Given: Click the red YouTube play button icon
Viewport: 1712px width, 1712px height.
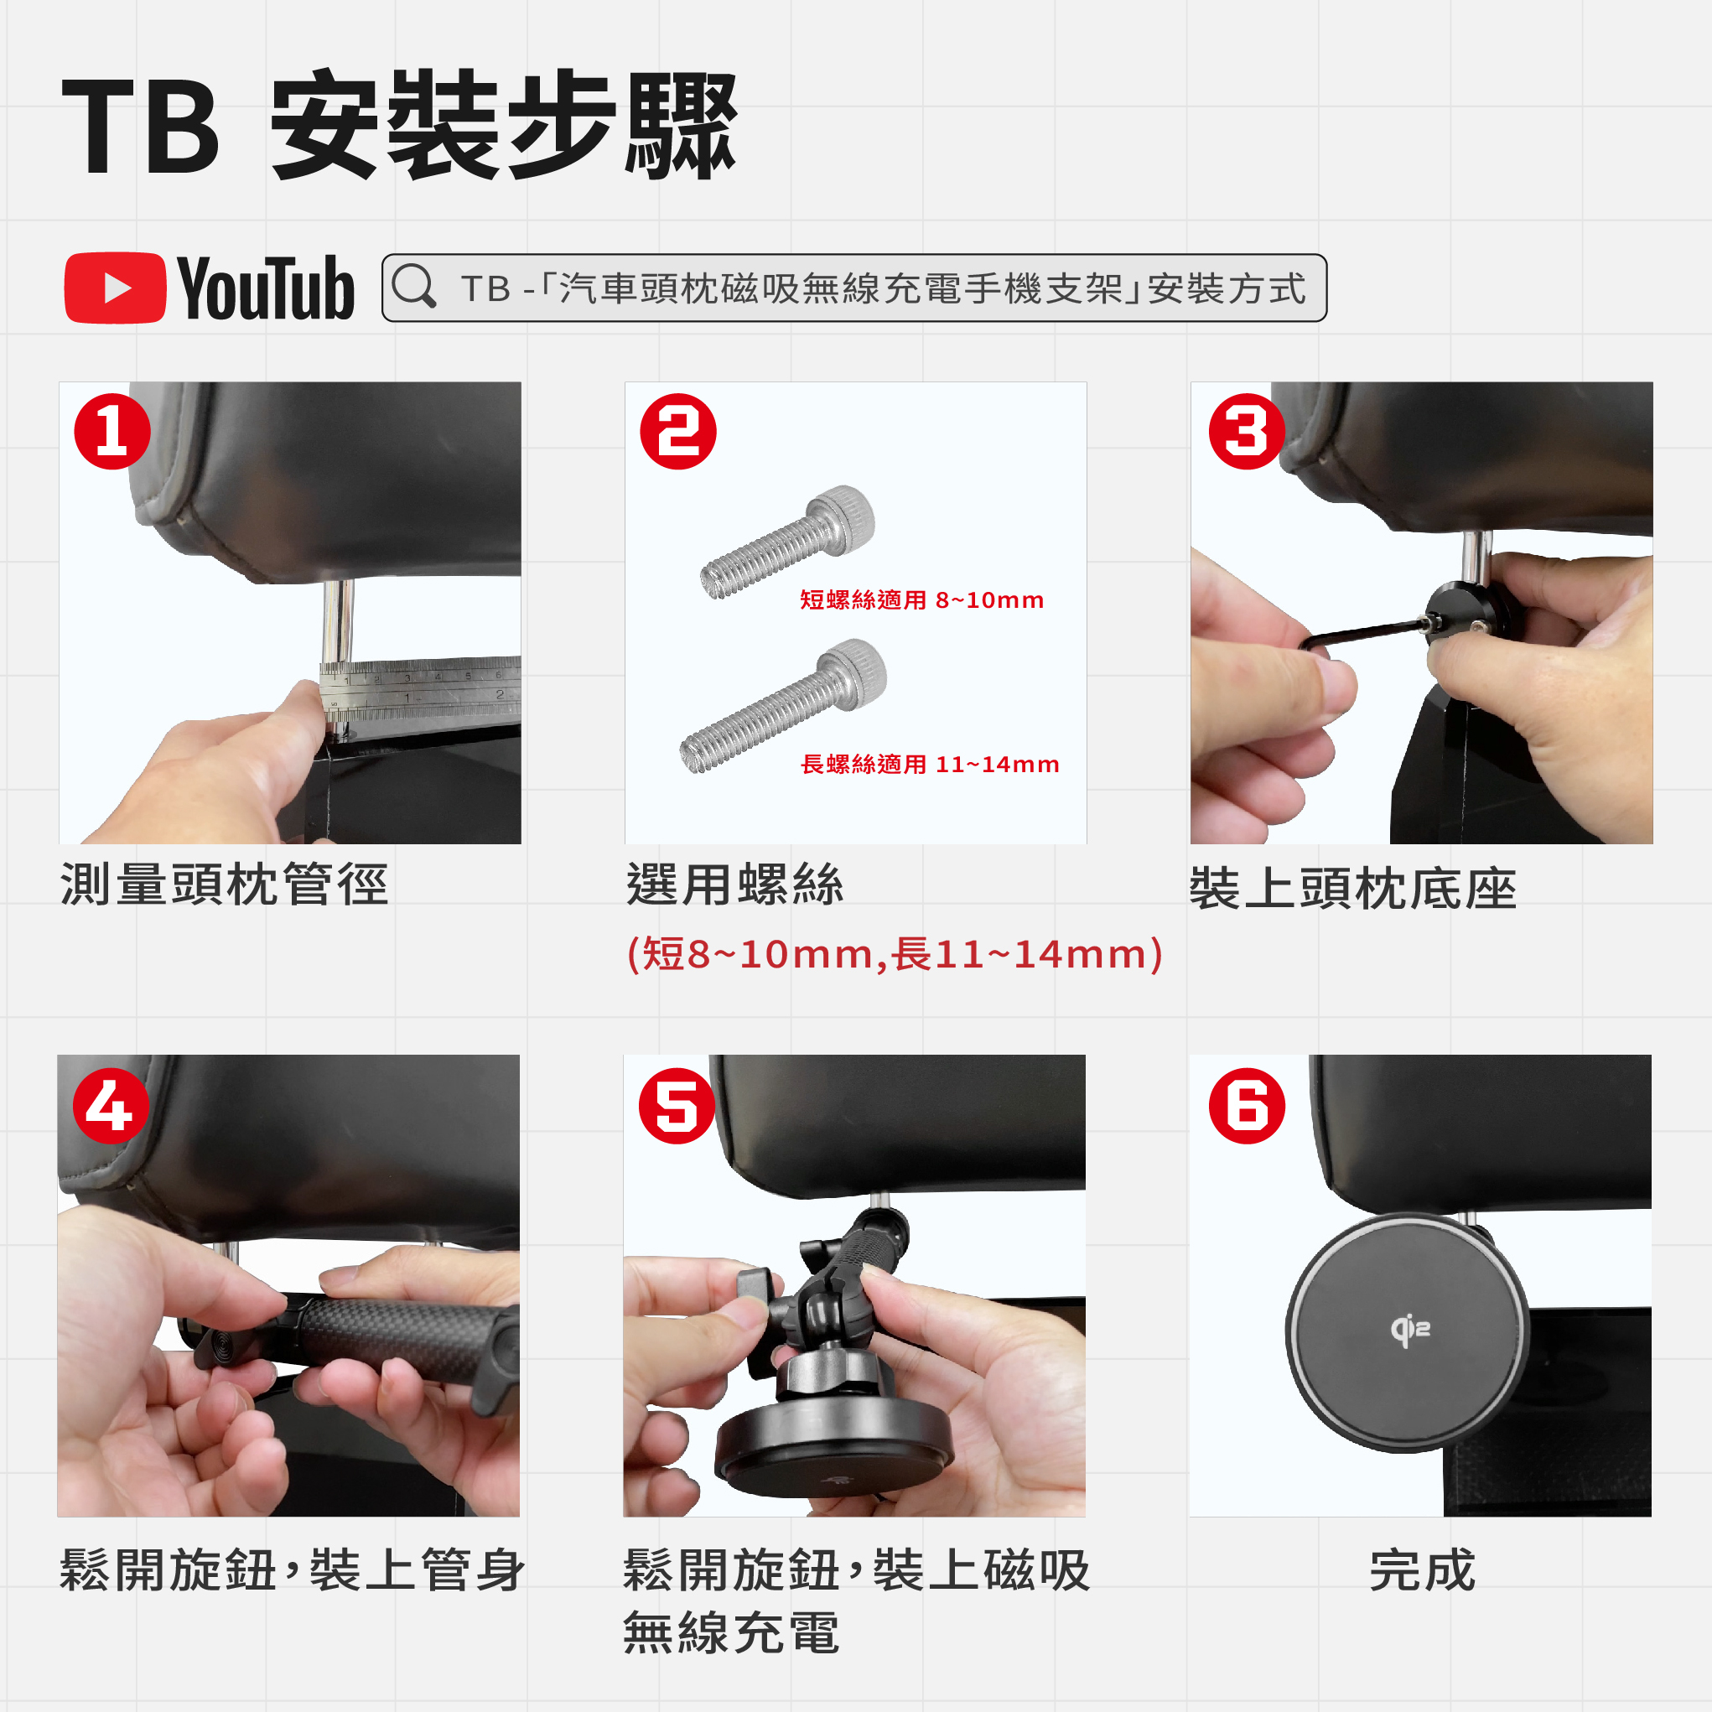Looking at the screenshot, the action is point(115,288).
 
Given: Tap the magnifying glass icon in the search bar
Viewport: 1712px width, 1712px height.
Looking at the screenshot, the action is point(414,286).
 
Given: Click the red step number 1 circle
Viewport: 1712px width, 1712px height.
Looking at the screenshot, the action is point(112,432).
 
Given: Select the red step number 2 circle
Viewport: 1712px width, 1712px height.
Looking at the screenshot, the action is point(678,432).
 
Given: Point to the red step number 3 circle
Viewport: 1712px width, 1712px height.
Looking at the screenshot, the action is point(1247,432).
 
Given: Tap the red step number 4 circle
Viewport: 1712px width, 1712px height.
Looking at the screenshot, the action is point(111,1105).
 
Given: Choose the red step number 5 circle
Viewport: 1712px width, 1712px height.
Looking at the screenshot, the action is point(677,1105).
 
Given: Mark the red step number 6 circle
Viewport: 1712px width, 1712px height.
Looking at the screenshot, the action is point(1247,1105).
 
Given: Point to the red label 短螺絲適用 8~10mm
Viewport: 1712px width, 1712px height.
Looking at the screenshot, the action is point(921,600).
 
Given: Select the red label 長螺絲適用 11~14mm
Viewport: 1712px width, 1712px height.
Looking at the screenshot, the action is point(930,764).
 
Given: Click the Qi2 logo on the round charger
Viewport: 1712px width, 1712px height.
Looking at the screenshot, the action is point(1410,1330).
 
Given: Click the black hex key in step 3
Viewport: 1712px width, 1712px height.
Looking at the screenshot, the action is point(1365,634).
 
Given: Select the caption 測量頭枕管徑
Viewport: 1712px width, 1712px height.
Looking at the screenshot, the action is point(224,885).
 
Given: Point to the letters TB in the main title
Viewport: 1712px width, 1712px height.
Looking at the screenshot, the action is point(140,127).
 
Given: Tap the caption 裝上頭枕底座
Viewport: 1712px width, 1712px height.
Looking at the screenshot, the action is point(1353,889).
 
